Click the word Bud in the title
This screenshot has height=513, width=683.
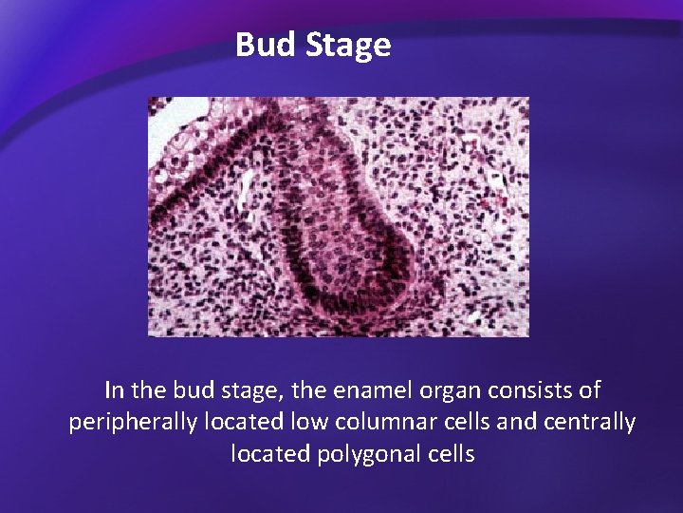[267, 45]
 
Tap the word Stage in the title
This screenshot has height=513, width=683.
[348, 46]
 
